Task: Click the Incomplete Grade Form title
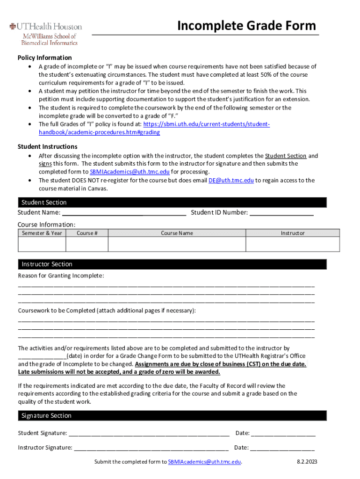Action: point(246,25)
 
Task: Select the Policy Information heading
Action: point(44,58)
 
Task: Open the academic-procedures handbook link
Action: point(99,132)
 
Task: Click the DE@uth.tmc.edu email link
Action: point(231,180)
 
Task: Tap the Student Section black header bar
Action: point(172,202)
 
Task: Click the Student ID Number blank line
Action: point(281,213)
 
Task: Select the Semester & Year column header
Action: point(42,233)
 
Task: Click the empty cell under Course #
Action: point(87,244)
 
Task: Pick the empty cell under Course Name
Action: point(177,244)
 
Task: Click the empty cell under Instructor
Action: point(293,244)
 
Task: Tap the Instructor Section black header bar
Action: point(172,264)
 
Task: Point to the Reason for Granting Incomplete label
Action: point(61,276)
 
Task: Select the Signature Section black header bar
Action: point(172,415)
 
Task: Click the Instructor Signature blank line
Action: point(151,448)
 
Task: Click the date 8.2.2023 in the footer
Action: point(307,462)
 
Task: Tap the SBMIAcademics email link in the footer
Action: point(204,462)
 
